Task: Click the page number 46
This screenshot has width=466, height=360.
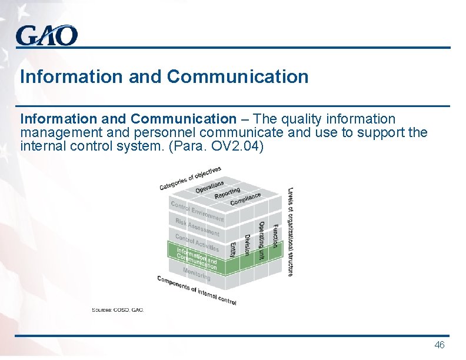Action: [439, 345]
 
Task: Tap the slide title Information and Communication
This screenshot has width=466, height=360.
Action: [164, 76]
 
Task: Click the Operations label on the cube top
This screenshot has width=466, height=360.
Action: [209, 186]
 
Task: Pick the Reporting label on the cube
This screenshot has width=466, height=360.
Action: [227, 193]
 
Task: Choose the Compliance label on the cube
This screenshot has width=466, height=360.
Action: [245, 199]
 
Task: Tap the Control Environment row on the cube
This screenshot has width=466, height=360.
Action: [197, 211]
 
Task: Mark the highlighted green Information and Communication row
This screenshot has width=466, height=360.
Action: [197, 258]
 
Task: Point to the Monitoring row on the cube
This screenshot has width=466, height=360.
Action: [197, 274]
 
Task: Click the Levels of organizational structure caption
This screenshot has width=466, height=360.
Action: [291, 231]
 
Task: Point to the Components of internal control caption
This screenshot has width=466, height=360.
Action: [197, 290]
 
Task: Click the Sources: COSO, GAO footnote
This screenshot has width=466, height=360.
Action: [118, 309]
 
